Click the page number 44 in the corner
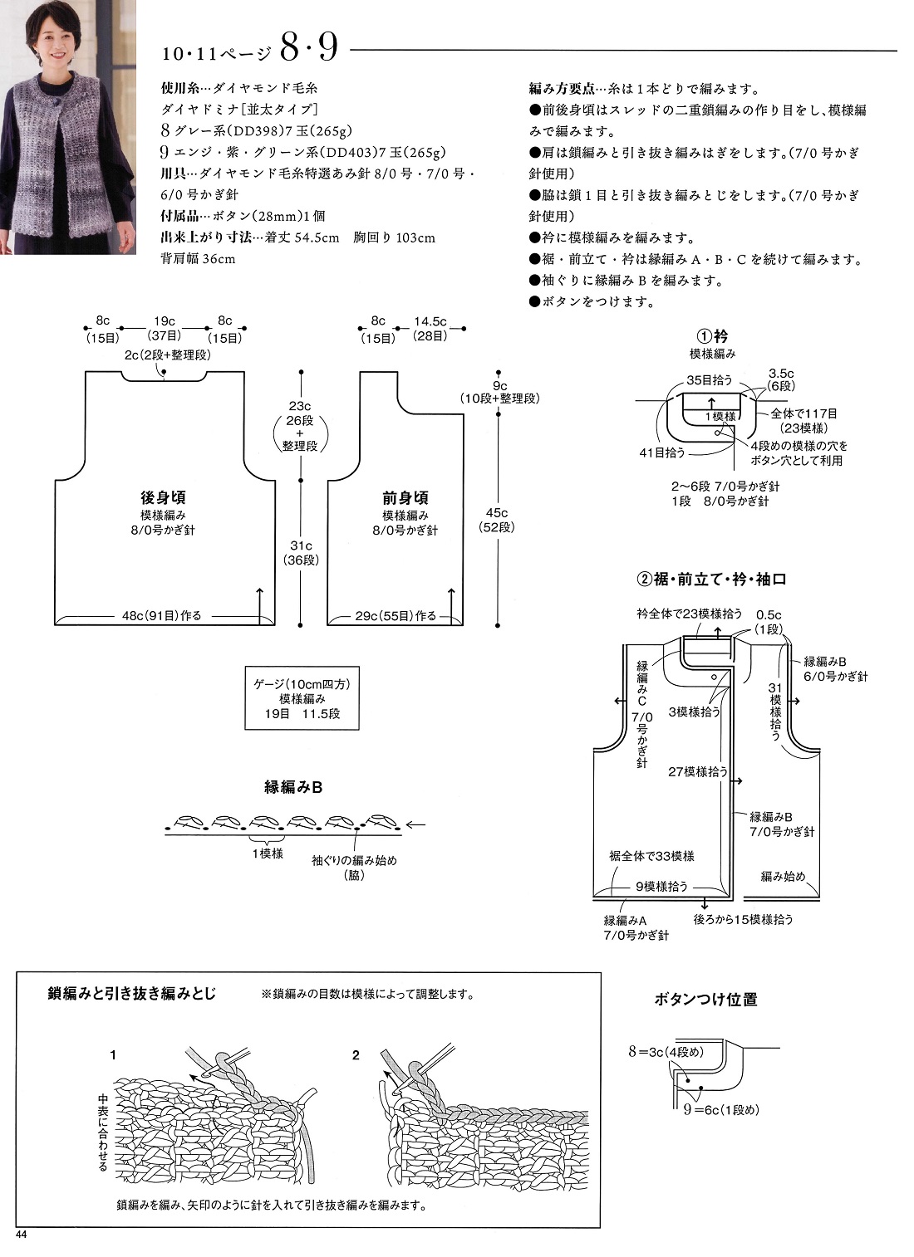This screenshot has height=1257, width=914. point(22,1235)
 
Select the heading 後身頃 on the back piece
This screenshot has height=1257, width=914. point(163,498)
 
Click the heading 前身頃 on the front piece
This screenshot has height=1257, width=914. point(405,498)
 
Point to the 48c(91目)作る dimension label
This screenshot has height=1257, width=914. point(162,616)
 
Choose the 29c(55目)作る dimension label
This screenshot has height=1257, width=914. point(396,616)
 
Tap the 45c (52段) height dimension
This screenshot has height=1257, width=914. point(496,520)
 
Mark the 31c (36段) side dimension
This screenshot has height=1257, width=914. point(301,552)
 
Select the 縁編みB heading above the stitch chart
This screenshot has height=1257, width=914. point(293,787)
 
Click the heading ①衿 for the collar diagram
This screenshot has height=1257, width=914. point(712,337)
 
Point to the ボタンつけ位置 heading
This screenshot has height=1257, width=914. point(705,1000)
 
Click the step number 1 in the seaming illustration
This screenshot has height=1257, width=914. point(113,1055)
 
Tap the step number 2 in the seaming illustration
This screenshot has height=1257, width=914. point(356,1055)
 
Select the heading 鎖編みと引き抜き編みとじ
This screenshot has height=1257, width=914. point(132,993)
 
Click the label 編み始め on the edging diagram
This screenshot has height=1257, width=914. point(783,876)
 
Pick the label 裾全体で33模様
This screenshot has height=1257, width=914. point(651,856)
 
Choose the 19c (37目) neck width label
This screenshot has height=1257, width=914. point(164,329)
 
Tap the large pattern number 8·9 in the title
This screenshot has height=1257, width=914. point(308,49)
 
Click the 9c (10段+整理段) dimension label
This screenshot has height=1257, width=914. point(499,392)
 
